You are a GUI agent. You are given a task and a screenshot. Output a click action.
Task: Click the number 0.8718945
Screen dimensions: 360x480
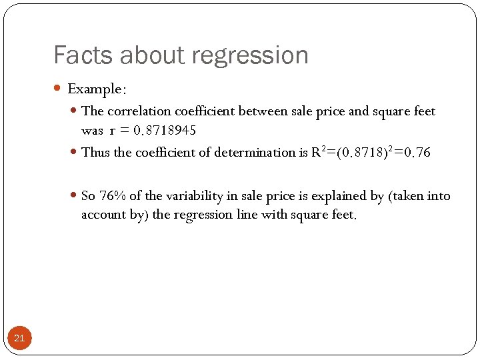pos(165,130)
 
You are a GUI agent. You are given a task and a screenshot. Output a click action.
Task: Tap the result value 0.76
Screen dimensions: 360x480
pos(414,153)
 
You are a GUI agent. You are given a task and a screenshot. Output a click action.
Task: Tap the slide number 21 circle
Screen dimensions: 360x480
pos(19,338)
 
